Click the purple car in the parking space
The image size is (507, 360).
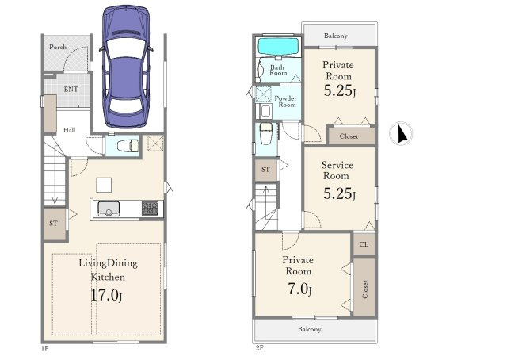126,67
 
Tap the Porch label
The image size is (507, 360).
58,47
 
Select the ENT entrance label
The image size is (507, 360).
71,89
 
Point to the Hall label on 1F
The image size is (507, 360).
69,130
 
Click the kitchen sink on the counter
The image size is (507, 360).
109,209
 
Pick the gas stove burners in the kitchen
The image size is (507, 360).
150,209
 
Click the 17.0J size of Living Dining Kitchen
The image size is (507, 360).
106,295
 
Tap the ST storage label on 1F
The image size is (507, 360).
54,223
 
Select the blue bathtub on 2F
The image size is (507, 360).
278,47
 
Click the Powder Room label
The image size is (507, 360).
285,101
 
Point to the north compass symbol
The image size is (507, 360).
401,133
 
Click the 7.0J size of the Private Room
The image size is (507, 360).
299,289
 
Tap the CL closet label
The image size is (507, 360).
364,244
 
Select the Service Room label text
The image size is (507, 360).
337,170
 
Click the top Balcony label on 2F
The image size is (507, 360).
336,36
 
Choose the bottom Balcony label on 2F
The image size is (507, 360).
310,329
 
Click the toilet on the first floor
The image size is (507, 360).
128,146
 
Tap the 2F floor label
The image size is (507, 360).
259,348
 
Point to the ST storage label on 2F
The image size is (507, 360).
265,169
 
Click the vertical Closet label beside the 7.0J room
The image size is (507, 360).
365,289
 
